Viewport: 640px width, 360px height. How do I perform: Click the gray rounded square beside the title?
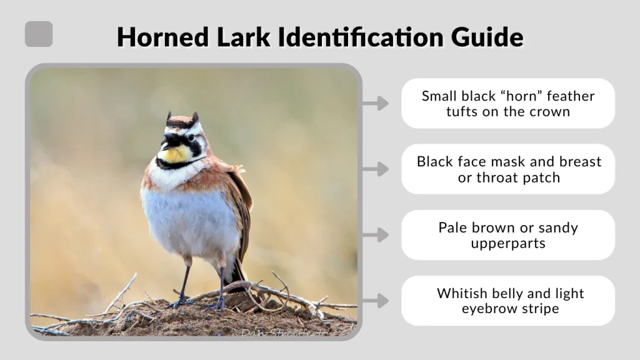[39, 34]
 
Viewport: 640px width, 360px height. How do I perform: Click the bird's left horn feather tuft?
[168, 117]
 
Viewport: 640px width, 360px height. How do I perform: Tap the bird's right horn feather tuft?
[195, 117]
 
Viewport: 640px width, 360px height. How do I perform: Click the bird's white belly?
[187, 219]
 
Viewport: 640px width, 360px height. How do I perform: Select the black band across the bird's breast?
[178, 165]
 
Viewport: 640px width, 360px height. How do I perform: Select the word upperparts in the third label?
[508, 243]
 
